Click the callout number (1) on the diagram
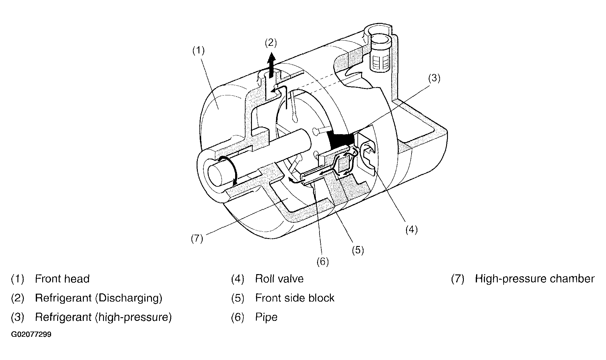pyautogui.click(x=198, y=50)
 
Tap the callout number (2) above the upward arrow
pyautogui.click(x=271, y=43)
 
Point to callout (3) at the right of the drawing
pyautogui.click(x=434, y=79)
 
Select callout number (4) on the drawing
pyautogui.click(x=411, y=229)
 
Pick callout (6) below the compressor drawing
pyautogui.click(x=323, y=262)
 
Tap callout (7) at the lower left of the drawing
pyautogui.click(x=197, y=239)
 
